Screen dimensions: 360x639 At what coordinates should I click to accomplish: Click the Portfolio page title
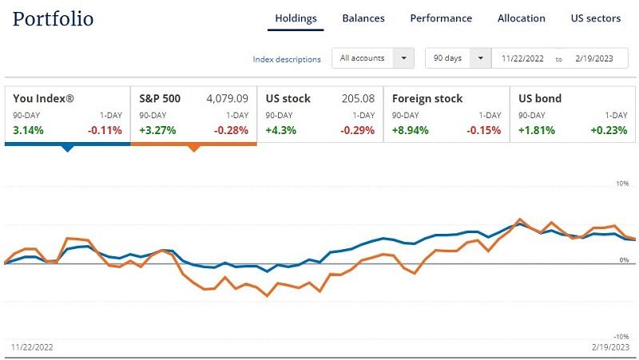pos(54,18)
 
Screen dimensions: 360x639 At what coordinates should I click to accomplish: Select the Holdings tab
pos(296,18)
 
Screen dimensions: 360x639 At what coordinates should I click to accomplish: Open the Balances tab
pos(363,18)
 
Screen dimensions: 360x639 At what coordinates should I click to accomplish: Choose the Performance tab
pos(441,18)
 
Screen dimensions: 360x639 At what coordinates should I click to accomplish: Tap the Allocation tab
pos(522,18)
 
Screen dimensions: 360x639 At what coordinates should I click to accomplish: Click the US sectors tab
pos(596,18)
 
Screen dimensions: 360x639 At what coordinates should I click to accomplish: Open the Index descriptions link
pos(287,59)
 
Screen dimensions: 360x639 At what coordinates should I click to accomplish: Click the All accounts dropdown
pos(373,58)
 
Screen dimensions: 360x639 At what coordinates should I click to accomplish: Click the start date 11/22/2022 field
pos(522,58)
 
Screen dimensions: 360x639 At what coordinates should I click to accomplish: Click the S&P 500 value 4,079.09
pos(227,99)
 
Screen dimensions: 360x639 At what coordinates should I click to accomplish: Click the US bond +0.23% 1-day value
pos(609,130)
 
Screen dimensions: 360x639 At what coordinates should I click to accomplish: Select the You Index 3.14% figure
pos(28,130)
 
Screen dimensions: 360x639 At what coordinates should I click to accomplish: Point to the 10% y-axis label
pos(622,184)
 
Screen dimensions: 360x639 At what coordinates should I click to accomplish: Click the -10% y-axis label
pos(621,336)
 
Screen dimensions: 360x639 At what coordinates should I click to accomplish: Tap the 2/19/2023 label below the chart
pos(611,347)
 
